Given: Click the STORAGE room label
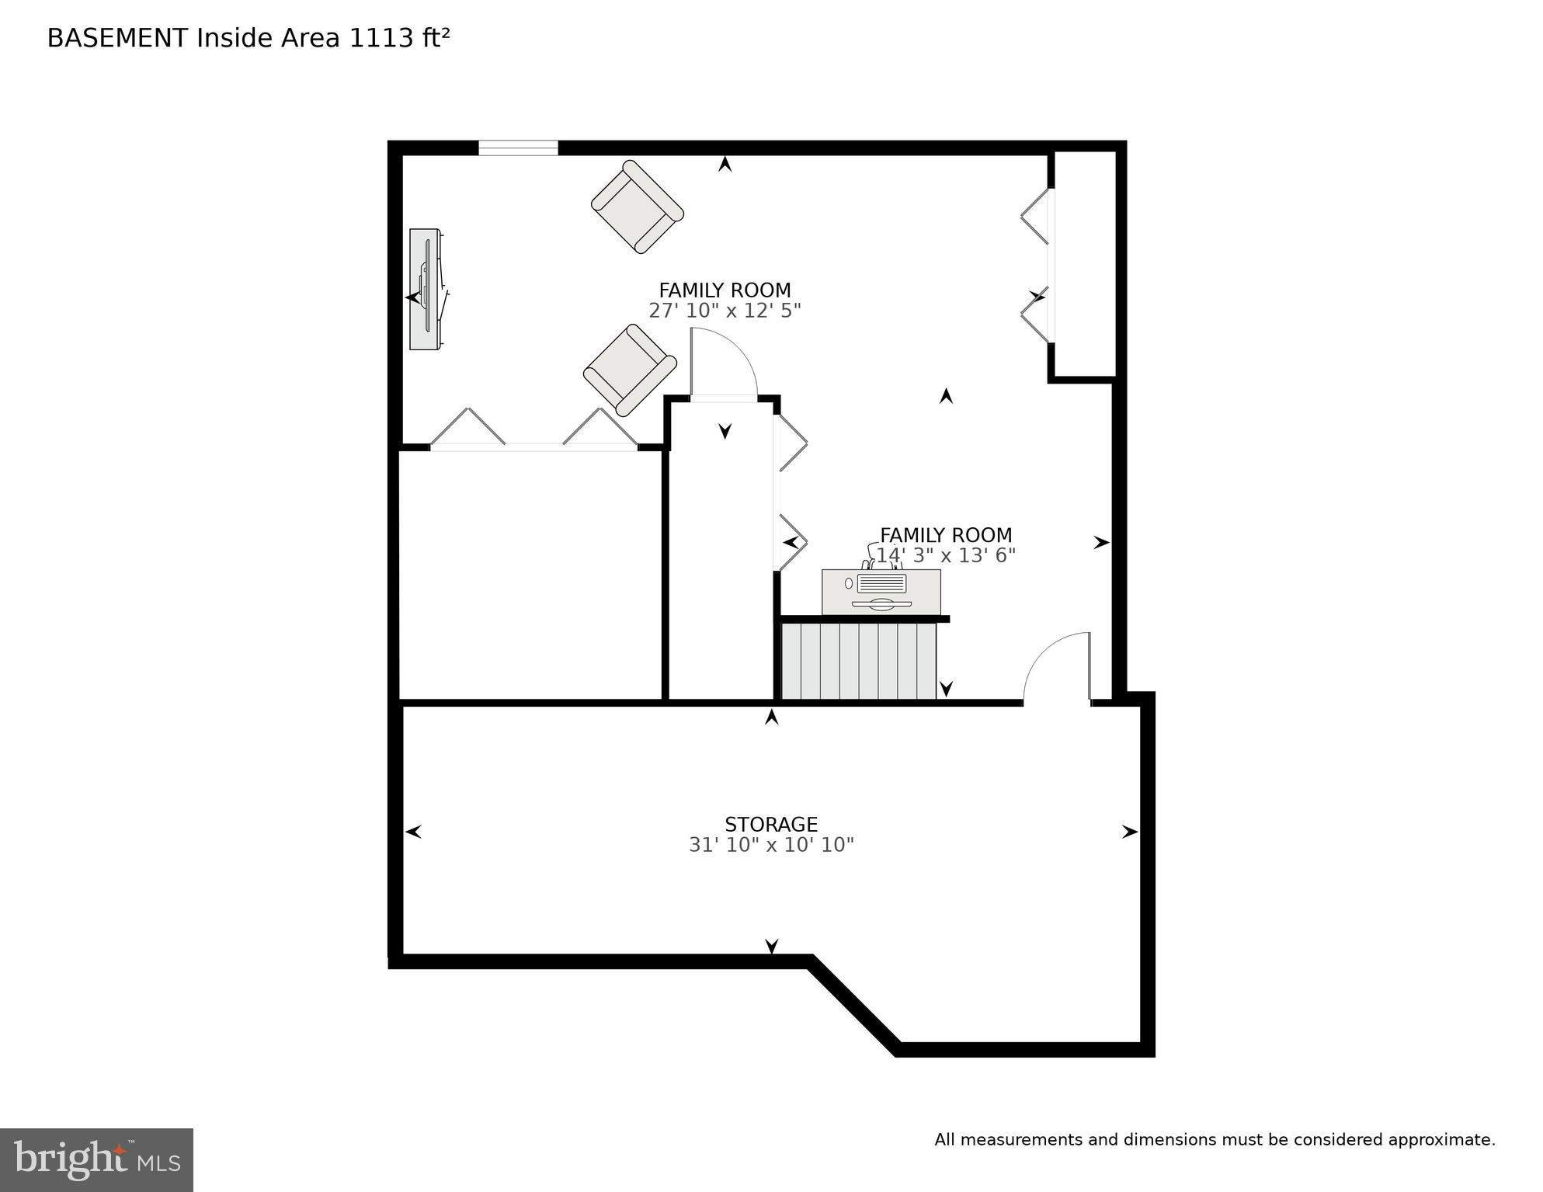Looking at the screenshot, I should click(770, 824).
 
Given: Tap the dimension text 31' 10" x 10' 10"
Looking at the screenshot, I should click(770, 845).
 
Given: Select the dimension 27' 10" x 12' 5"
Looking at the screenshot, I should click(725, 311).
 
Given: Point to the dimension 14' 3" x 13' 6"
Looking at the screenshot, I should click(945, 555).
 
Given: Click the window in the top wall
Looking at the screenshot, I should click(518, 148).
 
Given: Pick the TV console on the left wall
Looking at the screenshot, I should click(426, 289).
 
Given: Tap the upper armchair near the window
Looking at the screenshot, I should click(637, 207).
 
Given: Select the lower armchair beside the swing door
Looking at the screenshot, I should click(630, 370).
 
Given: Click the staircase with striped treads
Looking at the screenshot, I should click(858, 661).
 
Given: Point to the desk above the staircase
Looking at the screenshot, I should click(881, 592).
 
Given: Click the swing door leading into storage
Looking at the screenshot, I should click(1058, 668).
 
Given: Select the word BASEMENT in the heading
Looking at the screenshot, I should click(117, 38).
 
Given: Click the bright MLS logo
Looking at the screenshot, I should click(96, 1159).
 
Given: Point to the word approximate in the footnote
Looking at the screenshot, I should click(1441, 1140).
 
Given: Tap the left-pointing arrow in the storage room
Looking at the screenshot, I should click(413, 832).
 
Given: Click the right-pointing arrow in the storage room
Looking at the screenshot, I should click(1129, 832).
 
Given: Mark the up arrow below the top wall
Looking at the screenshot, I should click(725, 164).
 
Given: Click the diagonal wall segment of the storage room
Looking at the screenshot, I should click(854, 1006).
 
